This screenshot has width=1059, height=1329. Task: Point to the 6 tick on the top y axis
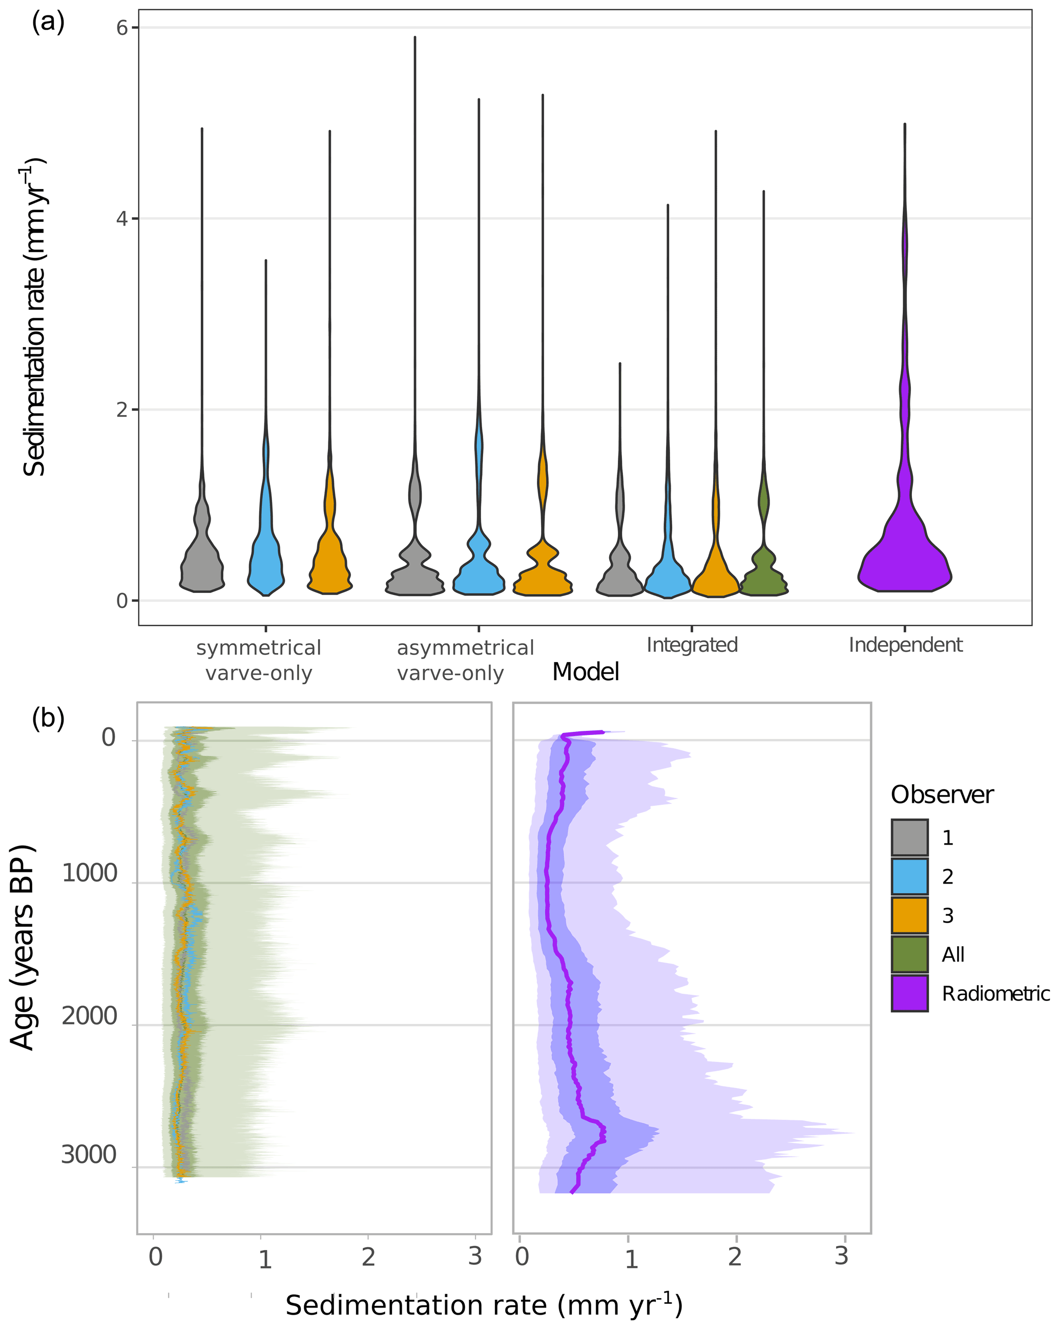122,28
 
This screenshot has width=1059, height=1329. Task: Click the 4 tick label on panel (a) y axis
122,219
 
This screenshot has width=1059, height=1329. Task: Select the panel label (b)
48,719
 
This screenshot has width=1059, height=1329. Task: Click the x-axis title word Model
585,672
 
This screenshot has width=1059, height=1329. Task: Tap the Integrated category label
692,645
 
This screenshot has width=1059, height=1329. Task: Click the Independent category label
905,645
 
